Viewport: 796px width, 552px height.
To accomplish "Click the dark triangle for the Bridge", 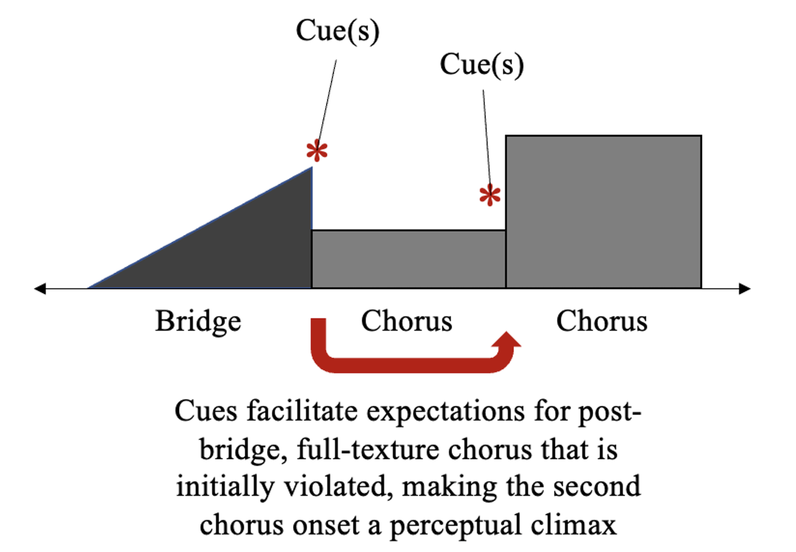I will (x=242, y=249).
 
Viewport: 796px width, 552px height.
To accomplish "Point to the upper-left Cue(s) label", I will (x=338, y=31).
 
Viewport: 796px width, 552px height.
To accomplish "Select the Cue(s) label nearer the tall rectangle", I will (x=482, y=65).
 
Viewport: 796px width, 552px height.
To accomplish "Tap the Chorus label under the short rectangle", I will (x=407, y=321).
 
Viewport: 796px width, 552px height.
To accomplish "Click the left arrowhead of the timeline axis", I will (x=40, y=288).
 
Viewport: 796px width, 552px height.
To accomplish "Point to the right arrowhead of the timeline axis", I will (x=744, y=288).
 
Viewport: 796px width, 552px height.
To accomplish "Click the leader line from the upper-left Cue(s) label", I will (x=327, y=100).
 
